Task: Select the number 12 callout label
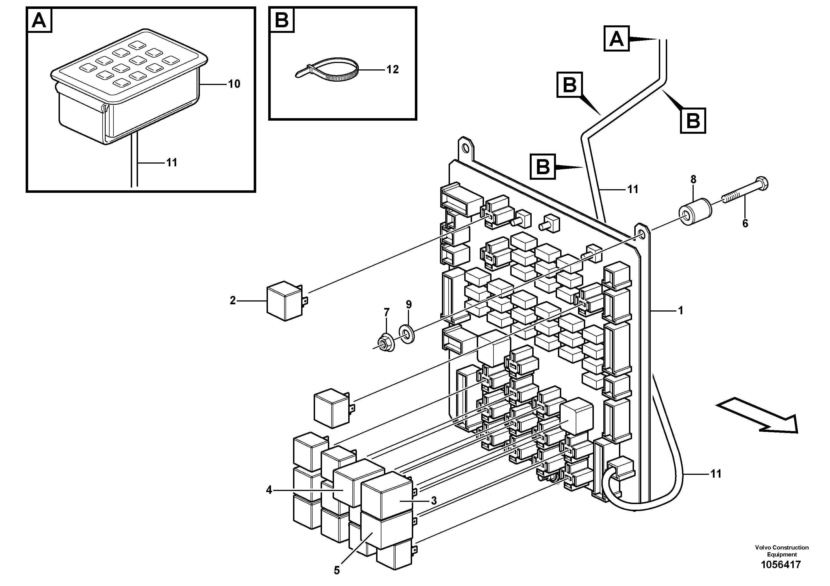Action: (392, 69)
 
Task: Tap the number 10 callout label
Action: (234, 84)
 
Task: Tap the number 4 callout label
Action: (269, 490)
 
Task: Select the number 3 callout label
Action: (434, 500)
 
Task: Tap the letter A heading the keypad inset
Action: (39, 20)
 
